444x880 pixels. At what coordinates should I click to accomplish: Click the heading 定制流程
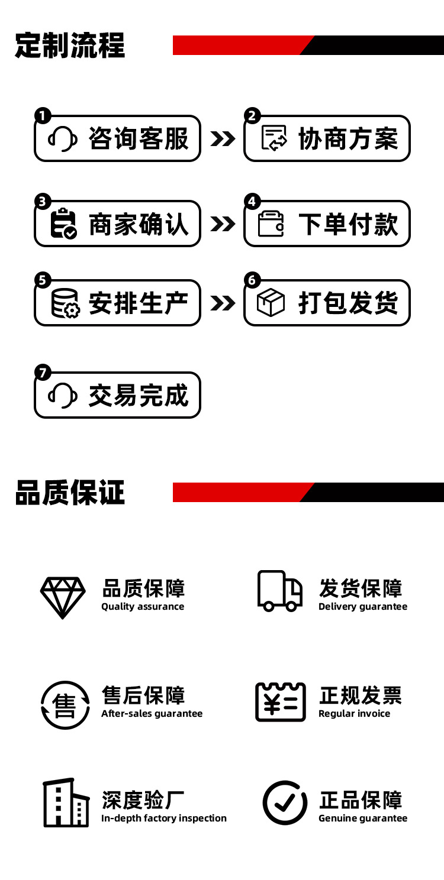(x=70, y=45)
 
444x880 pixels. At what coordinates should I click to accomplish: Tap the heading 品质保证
(x=70, y=492)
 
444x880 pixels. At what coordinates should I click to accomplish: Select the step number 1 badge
(x=43, y=116)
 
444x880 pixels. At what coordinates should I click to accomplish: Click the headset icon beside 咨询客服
(x=62, y=140)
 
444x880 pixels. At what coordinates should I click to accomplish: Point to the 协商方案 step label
(x=348, y=139)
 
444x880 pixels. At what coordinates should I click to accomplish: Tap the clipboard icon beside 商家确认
(x=63, y=224)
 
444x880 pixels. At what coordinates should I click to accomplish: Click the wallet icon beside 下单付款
(x=272, y=224)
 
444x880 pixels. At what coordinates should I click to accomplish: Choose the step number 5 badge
(x=43, y=280)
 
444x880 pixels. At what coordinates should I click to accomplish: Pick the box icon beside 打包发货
(x=271, y=303)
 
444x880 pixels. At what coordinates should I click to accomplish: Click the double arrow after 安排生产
(x=223, y=303)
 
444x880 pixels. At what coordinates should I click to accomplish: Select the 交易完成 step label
(x=138, y=395)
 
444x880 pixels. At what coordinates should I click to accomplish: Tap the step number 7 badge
(x=43, y=373)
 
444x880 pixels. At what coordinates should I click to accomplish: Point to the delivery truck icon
(x=279, y=590)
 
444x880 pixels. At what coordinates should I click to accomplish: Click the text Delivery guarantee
(x=363, y=606)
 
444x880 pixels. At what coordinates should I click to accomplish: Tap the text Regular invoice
(x=354, y=713)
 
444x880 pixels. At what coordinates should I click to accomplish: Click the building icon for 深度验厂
(x=66, y=803)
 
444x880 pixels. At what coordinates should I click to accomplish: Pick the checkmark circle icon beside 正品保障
(x=285, y=803)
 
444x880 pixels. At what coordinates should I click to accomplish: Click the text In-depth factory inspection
(x=164, y=818)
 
